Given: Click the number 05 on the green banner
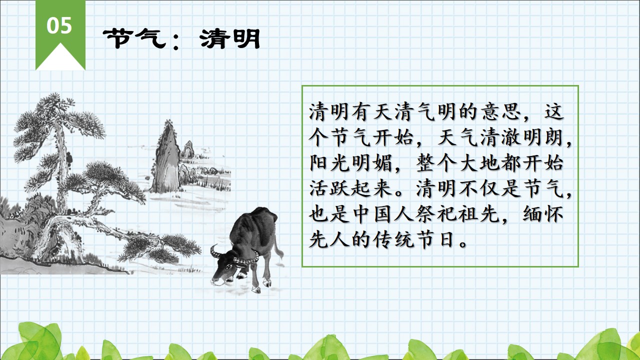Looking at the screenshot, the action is click(59, 25).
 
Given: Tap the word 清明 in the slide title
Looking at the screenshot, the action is click(230, 39).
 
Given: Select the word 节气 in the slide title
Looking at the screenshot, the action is click(134, 39).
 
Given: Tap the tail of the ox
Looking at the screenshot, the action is click(278, 249).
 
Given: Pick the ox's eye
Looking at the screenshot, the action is click(229, 267).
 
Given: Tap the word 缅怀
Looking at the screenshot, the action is click(543, 214).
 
